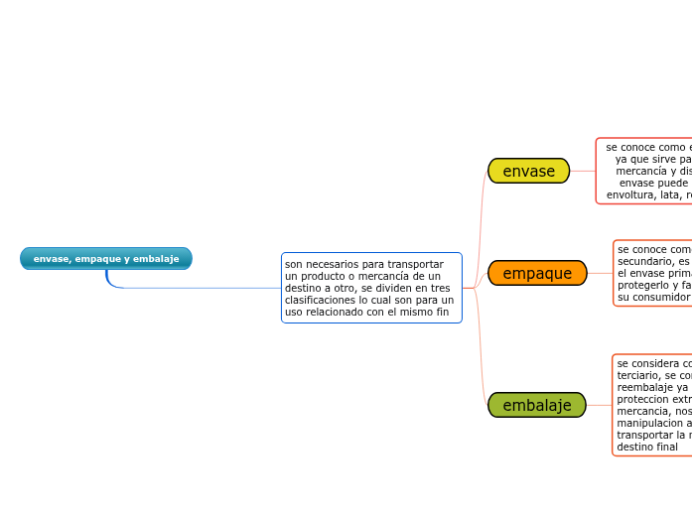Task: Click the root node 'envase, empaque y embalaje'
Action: [106, 259]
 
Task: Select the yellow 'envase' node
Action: [528, 172]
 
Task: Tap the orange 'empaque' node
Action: [537, 273]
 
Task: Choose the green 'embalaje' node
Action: [537, 405]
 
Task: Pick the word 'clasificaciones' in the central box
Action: [318, 300]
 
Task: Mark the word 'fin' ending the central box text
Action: [442, 312]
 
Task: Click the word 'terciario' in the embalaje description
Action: [636, 376]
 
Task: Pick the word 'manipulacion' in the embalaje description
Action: [647, 424]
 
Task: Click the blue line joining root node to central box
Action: [199, 288]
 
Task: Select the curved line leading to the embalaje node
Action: [482, 367]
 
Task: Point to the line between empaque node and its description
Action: [600, 273]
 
